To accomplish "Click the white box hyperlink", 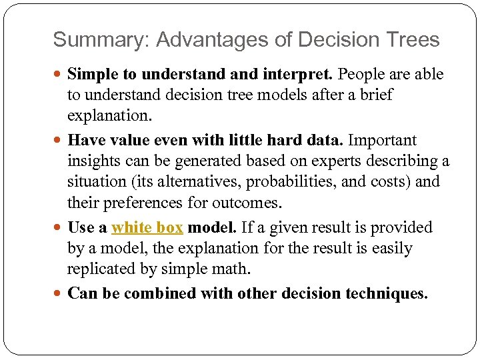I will [147, 228].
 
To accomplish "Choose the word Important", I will [382, 141].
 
